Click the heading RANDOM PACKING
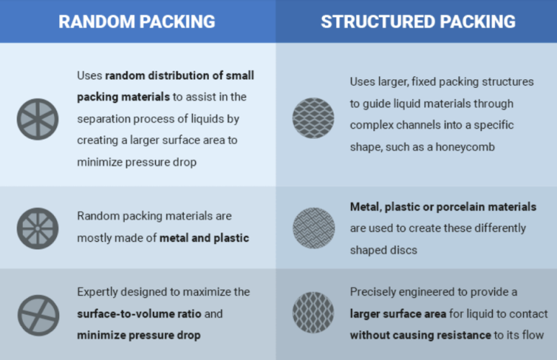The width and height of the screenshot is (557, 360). [x=137, y=22]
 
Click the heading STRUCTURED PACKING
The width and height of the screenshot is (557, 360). [x=418, y=22]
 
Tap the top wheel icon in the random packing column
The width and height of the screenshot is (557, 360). [x=37, y=119]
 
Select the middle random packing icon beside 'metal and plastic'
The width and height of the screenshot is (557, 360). [x=37, y=228]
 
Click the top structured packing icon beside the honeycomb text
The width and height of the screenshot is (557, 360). [x=313, y=118]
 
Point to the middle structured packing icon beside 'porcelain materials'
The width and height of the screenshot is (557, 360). [x=313, y=228]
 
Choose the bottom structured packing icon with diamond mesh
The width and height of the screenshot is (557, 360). [x=313, y=312]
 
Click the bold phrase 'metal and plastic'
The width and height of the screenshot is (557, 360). [x=205, y=238]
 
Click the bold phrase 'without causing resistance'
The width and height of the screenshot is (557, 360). [x=420, y=336]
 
